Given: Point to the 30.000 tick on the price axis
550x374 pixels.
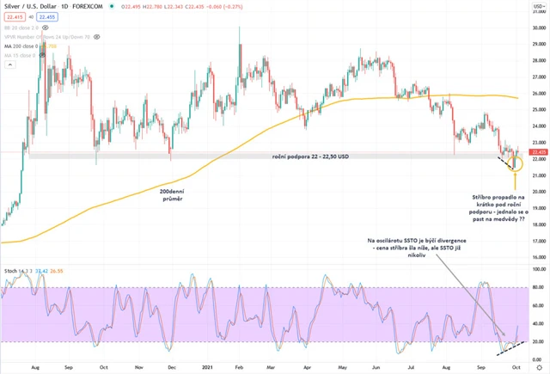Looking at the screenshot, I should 538,28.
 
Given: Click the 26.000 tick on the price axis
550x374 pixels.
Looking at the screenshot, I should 538,93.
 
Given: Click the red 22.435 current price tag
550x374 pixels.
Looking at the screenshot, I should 538,151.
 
